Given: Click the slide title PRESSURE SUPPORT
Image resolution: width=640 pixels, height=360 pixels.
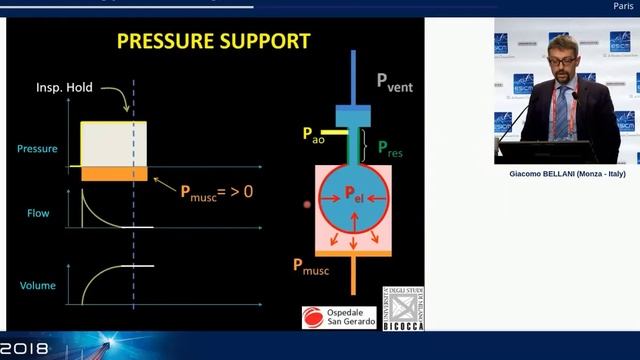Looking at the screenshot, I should tap(214, 41).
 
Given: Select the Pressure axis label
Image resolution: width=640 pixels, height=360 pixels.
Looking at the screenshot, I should tap(38, 149).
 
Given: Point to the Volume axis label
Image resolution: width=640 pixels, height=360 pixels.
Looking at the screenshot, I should tap(38, 286).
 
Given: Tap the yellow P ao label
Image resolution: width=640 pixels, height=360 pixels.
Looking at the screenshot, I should tap(313, 133).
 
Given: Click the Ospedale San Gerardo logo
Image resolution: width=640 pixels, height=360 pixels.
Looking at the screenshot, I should tap(340, 317).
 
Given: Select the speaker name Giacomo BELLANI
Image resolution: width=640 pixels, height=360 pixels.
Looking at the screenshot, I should tap(566, 173).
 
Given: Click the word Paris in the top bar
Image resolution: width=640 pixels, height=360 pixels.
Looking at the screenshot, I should tap(622, 6).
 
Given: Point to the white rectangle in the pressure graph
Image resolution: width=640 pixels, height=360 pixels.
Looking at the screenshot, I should tap(113, 144).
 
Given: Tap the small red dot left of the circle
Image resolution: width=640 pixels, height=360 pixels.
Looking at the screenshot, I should tap(307, 204).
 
